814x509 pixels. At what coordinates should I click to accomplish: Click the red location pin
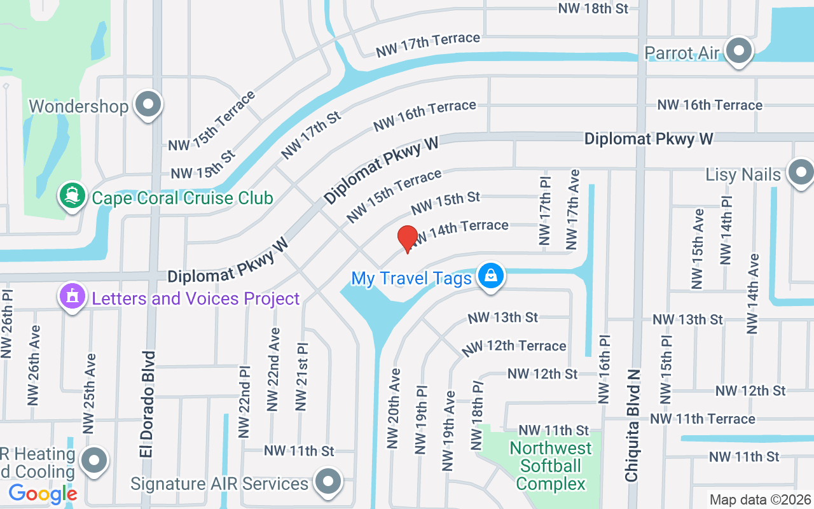point(407,239)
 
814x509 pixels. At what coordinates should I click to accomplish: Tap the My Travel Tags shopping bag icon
point(490,276)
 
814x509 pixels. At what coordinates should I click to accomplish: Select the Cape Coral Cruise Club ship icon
point(72,195)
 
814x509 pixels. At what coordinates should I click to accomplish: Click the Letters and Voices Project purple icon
point(72,296)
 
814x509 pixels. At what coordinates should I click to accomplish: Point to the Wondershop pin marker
point(149,104)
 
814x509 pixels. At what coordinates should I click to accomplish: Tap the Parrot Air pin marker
point(739,50)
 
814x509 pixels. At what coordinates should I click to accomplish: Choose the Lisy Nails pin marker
point(800,172)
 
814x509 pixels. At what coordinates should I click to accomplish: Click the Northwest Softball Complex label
point(550,466)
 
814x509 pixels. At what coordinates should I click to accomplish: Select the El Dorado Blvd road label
point(148,404)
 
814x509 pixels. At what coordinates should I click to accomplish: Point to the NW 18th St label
point(593,8)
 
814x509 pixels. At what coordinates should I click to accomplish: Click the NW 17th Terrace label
point(427,45)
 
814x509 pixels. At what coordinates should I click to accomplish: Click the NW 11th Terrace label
point(703,419)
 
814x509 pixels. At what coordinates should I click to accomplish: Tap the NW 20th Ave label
point(394,408)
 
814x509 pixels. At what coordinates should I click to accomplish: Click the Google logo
point(43,493)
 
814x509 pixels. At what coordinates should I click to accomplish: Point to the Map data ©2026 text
point(760,499)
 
